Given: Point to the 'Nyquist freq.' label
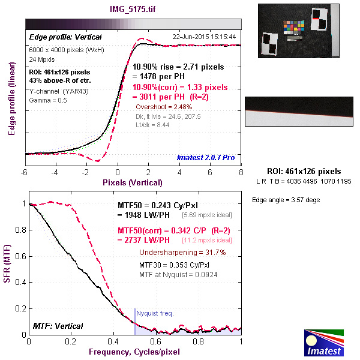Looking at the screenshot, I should tap(155, 313).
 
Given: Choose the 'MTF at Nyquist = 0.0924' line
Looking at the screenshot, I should tap(178, 274).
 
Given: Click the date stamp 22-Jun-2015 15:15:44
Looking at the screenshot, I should tap(204, 37).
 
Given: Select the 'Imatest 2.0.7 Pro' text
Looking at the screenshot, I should tap(206, 158).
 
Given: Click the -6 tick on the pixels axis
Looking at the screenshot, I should tap(25, 172).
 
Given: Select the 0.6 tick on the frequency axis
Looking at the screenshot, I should tap(156, 341).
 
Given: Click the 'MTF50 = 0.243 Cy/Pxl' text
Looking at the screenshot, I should tap(163, 205).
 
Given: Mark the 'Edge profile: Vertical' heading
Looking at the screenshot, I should tap(58, 37).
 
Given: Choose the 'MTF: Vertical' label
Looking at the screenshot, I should tap(58, 326).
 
